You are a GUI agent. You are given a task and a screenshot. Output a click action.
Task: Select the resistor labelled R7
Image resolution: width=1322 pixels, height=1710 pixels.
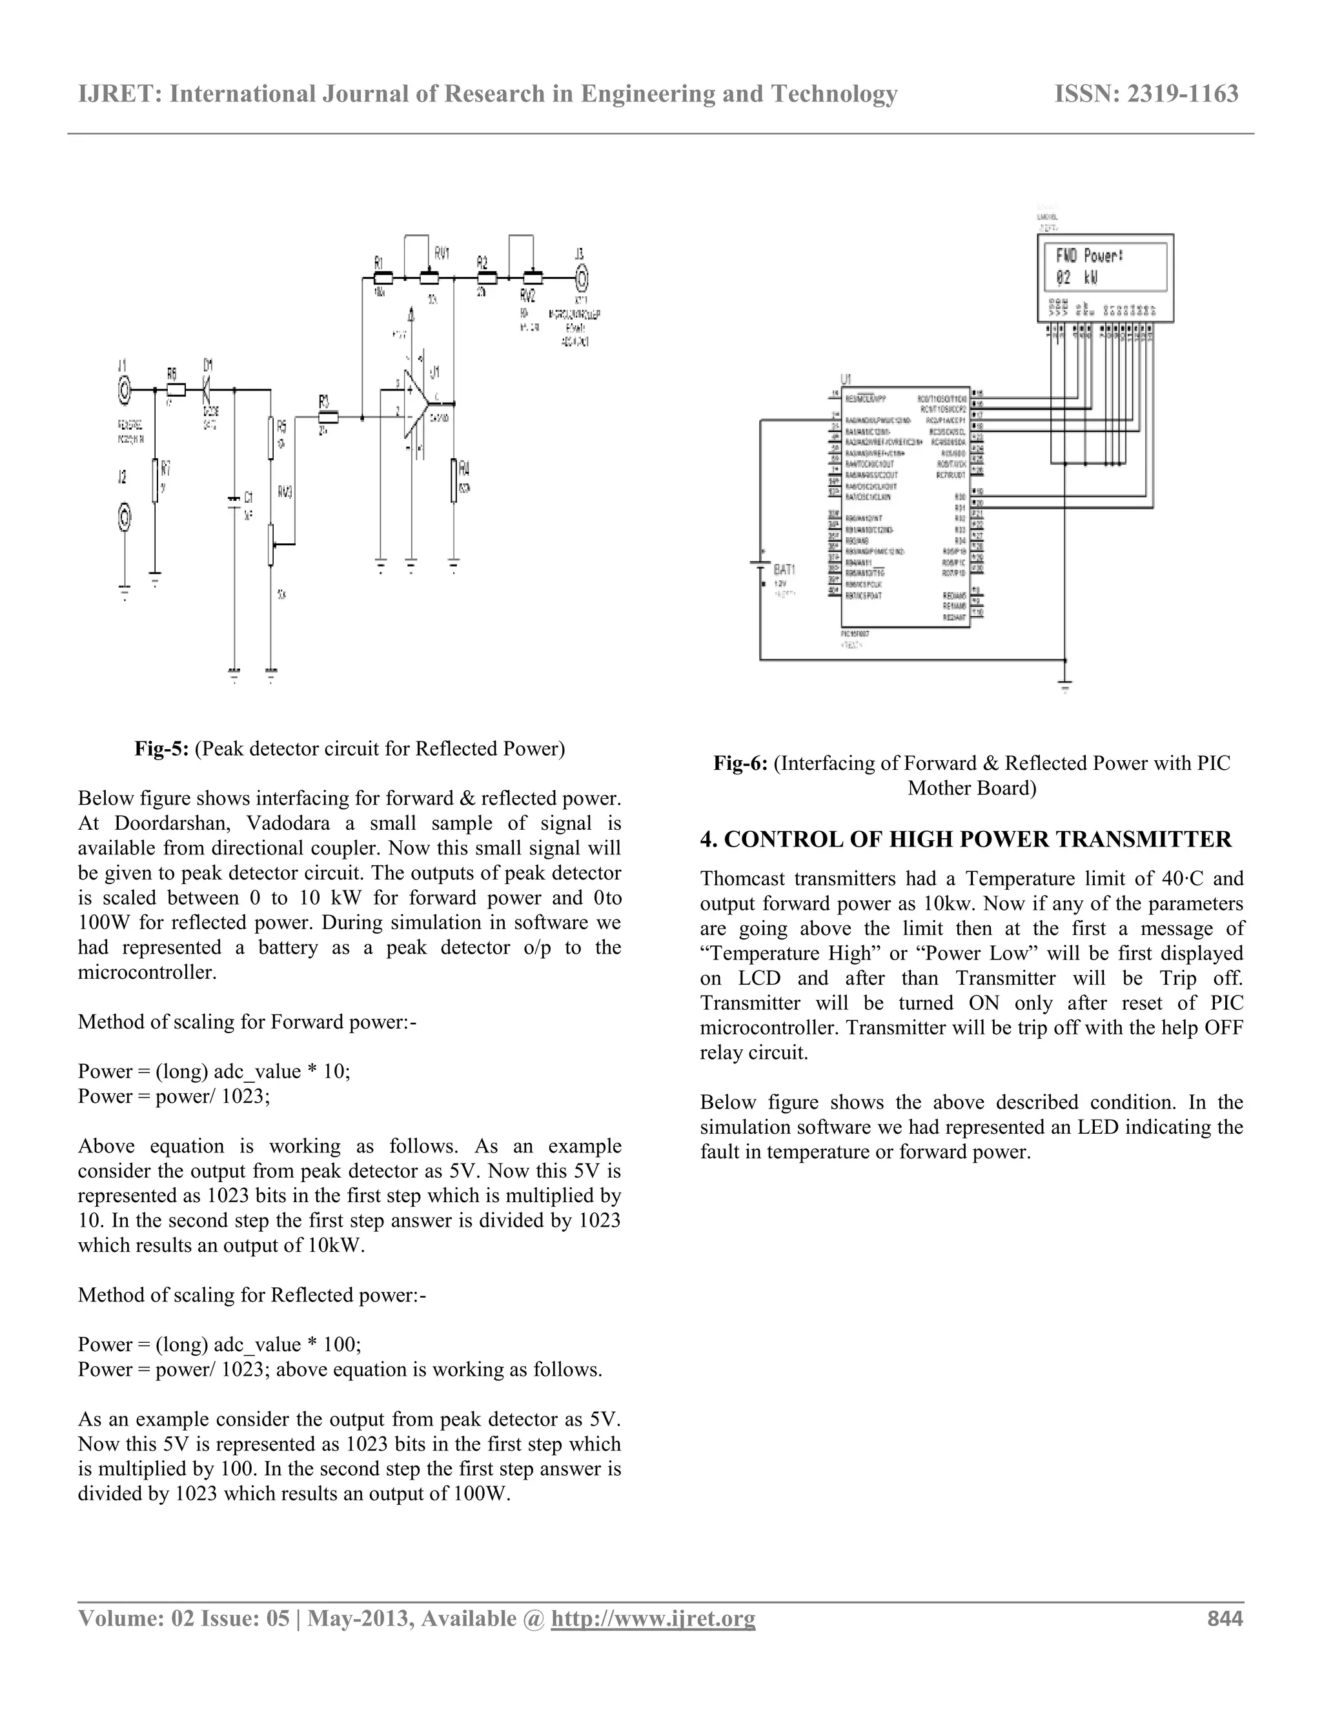[x=155, y=480]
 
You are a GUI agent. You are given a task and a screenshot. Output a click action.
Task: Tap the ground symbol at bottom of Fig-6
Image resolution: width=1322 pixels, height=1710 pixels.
[x=1064, y=687]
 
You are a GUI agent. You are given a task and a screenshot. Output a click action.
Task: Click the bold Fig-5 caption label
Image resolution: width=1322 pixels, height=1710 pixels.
[x=161, y=749]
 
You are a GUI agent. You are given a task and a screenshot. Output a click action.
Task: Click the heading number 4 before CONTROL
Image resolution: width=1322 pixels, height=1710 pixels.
[x=709, y=840]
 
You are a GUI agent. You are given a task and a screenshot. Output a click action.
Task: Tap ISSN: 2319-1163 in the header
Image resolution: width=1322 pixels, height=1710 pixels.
[x=1146, y=94]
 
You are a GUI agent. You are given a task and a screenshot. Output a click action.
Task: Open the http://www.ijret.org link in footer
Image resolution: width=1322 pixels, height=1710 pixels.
[x=653, y=1618]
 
